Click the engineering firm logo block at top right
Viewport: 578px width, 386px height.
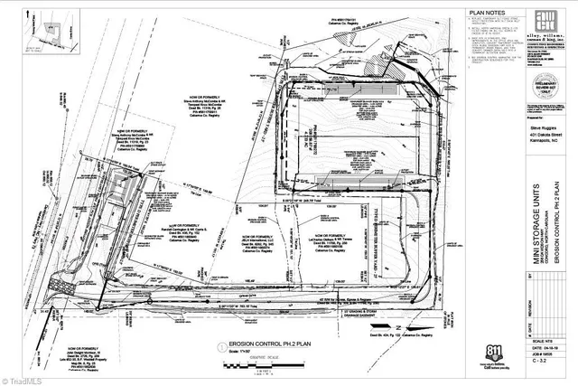[542, 27]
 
